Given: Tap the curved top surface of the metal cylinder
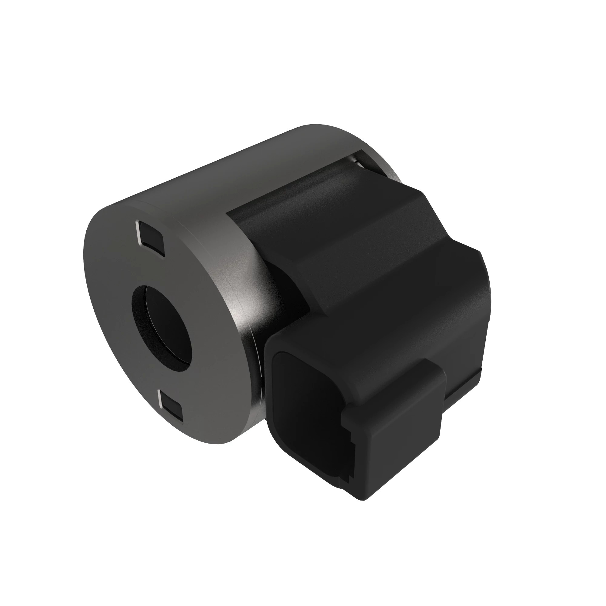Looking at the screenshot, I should (251, 163).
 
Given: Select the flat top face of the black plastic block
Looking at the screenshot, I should (329, 201).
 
